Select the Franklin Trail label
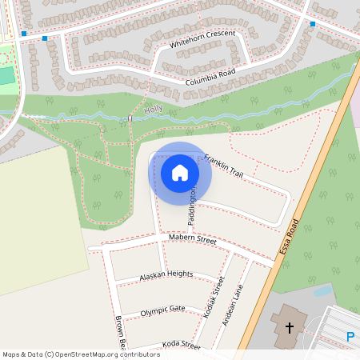223,166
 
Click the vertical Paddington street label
193,206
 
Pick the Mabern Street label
193,239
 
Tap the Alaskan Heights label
166,274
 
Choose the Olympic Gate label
162,310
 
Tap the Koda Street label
181,345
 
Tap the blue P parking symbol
350,338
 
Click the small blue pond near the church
323,291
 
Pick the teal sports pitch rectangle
6,76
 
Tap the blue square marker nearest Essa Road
312,24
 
